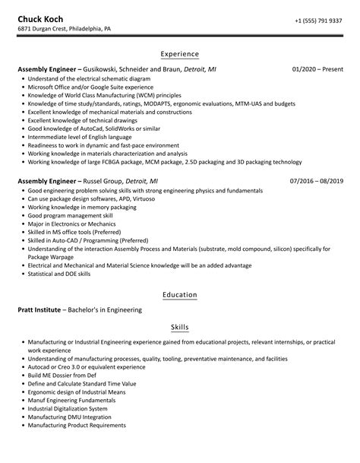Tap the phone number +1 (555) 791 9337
[x=317, y=20]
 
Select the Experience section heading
[x=180, y=54]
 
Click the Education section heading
[x=180, y=294]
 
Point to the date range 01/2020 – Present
[x=316, y=69]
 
